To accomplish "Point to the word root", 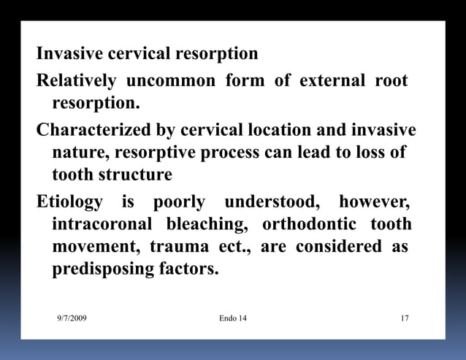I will tap(391, 80).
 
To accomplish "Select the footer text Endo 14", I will tap(233, 318).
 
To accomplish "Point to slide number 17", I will tap(405, 318).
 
